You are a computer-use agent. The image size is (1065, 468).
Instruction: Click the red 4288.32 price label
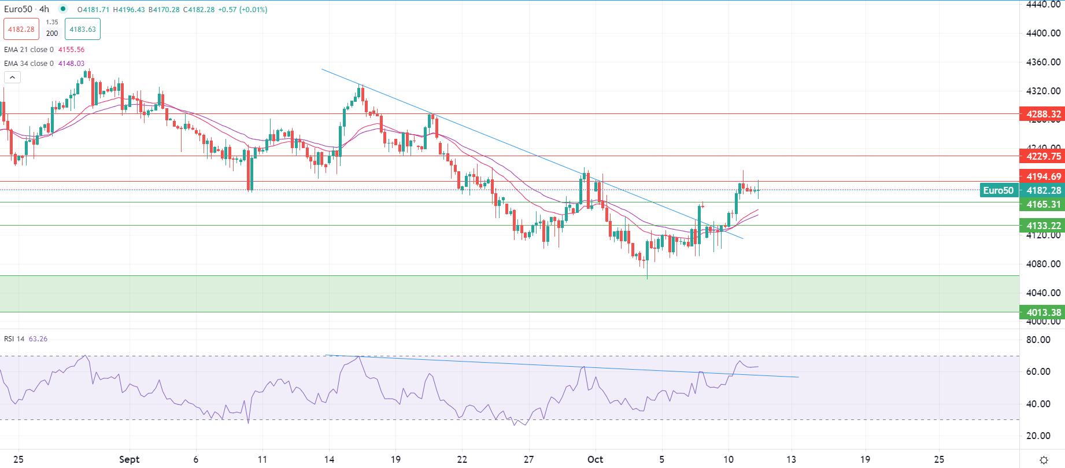coord(1042,114)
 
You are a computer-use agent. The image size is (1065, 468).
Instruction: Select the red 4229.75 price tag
coord(1042,156)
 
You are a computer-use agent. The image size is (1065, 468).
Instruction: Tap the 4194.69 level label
coord(1042,176)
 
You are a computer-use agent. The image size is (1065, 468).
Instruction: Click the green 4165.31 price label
coord(1042,204)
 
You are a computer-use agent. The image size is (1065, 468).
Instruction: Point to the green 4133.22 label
coord(1042,226)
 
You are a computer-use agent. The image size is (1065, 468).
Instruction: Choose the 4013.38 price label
coord(1042,312)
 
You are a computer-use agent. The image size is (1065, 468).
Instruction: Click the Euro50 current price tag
coord(999,190)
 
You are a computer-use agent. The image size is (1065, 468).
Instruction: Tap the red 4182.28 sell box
coord(21,29)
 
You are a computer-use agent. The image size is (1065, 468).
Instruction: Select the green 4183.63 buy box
coord(83,29)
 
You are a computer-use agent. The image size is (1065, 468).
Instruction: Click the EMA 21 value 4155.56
coord(71,50)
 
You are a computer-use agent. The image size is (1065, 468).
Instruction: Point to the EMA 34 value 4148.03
coord(71,64)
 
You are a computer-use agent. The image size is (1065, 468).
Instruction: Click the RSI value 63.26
coord(38,339)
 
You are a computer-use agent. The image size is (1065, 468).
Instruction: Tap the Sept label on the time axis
coord(129,459)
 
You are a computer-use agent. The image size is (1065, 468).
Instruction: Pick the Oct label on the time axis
coord(595,459)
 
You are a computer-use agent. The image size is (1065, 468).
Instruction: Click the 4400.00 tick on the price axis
coord(1043,33)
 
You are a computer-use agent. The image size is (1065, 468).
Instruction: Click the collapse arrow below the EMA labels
coord(12,77)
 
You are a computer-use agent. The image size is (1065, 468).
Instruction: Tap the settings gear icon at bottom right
coord(1044,460)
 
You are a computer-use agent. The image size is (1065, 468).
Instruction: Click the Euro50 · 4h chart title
coord(27,9)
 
